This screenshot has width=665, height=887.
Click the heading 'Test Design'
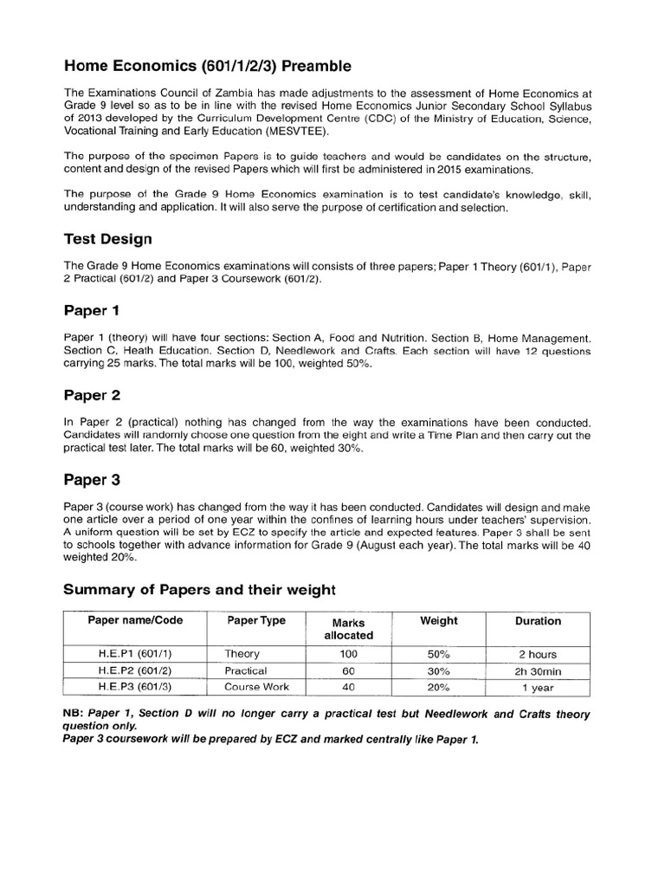(x=108, y=238)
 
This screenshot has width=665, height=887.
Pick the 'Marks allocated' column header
(x=348, y=629)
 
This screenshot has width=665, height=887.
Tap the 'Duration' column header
(x=537, y=621)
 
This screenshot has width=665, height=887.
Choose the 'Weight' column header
(x=438, y=621)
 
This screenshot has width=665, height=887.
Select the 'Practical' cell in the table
(x=246, y=671)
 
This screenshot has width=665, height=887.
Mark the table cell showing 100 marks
(x=348, y=655)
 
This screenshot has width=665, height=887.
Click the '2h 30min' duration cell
(x=537, y=671)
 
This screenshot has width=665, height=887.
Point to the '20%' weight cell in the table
(x=438, y=688)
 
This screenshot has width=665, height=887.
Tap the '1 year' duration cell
(x=537, y=688)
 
